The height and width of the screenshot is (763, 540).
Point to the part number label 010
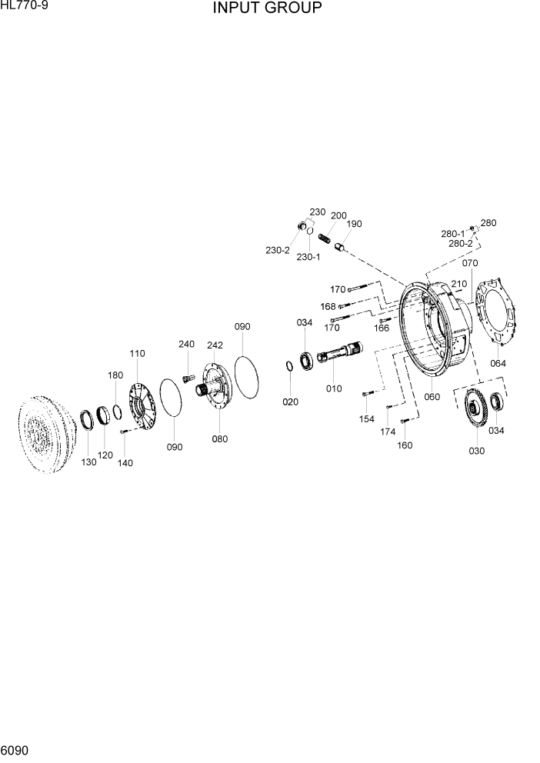[x=334, y=388]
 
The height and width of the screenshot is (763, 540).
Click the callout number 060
[x=432, y=397]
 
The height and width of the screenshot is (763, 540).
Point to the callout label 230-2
[x=278, y=250]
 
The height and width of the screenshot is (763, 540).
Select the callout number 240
[x=187, y=344]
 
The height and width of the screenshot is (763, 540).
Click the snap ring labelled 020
[x=290, y=365]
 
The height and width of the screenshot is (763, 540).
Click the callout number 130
[x=89, y=461]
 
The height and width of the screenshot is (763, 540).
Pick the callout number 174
[x=388, y=431]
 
